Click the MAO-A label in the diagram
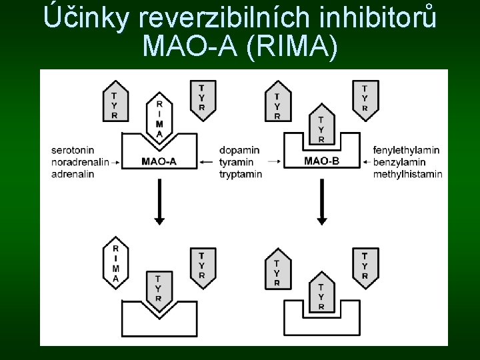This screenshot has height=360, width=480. click(159, 161)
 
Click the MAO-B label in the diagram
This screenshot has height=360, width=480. click(322, 161)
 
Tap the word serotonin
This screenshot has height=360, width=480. click(73, 150)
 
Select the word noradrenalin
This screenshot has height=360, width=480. click(79, 162)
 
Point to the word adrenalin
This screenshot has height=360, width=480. click(72, 174)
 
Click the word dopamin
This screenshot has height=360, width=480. click(239, 150)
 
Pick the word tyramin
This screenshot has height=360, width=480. click(237, 162)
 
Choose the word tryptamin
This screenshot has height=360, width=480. click(241, 174)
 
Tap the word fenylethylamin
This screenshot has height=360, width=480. click(407, 150)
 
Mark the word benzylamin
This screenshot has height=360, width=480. click(401, 162)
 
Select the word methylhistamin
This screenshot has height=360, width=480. click(408, 174)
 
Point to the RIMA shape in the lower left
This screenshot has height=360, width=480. click(116, 263)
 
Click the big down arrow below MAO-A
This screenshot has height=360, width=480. click(159, 203)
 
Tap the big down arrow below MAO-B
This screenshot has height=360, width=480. click(322, 203)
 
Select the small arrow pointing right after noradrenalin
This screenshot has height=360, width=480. click(115, 162)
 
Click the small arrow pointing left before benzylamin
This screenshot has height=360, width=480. click(366, 162)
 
